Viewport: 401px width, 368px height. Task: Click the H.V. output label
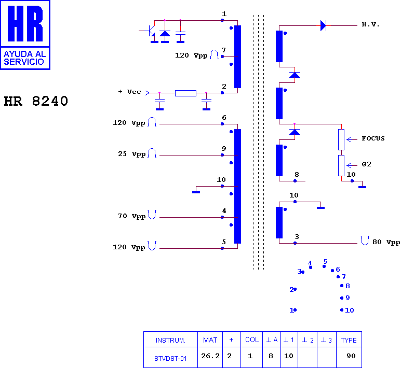[370, 24]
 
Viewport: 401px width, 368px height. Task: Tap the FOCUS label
[373, 138]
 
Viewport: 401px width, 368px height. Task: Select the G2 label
[367, 164]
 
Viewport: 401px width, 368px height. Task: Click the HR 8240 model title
[36, 101]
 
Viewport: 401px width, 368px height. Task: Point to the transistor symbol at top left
[151, 31]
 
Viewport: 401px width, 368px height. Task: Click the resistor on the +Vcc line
[185, 93]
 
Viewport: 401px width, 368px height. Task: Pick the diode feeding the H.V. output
[323, 26]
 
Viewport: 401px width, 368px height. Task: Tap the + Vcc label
[129, 92]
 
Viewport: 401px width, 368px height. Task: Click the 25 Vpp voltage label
[132, 154]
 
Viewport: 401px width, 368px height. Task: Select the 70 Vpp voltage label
[132, 216]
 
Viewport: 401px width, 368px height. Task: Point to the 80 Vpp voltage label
[386, 242]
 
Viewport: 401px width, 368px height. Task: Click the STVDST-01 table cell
[170, 359]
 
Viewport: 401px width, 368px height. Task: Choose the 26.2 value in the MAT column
[210, 356]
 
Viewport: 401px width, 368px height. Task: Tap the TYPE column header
[349, 340]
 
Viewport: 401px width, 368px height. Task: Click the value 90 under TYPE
[351, 356]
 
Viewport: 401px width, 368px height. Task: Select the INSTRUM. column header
[170, 341]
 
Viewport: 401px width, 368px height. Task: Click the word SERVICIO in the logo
[24, 62]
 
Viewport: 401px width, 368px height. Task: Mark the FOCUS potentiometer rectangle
[341, 139]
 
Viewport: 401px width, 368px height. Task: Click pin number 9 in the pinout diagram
[347, 298]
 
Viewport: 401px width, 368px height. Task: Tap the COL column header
[252, 339]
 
